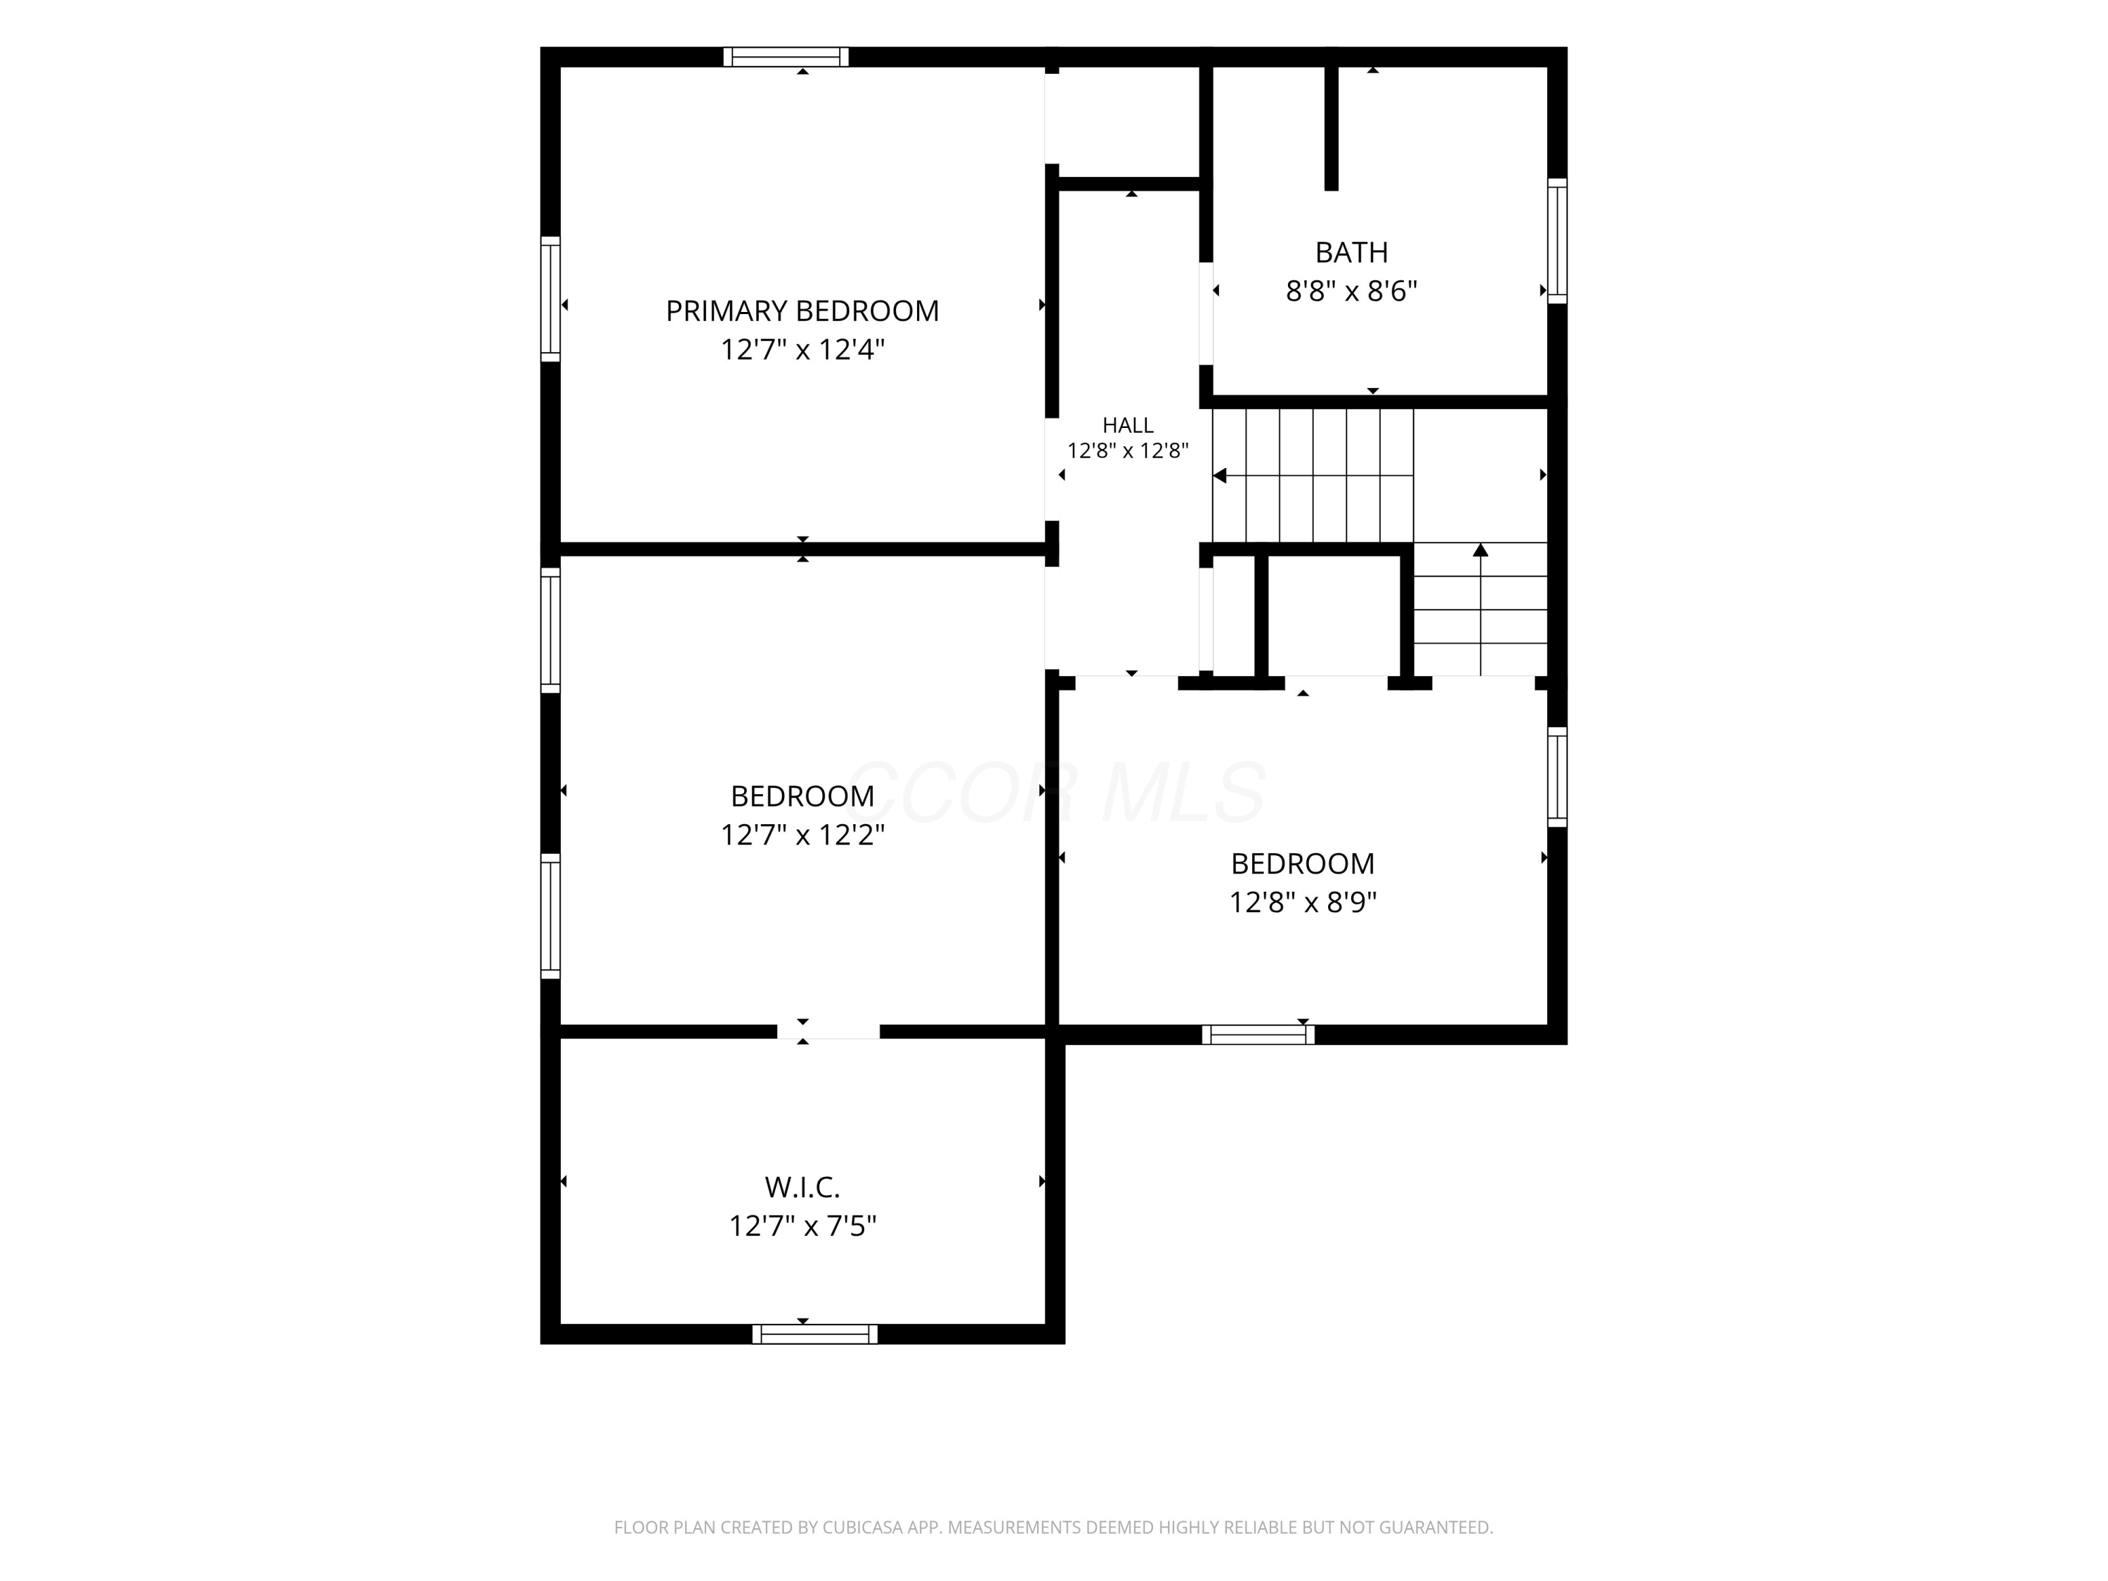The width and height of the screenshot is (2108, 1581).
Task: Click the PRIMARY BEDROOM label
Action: click(x=802, y=311)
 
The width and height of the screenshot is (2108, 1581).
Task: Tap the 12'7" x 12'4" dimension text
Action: click(x=802, y=350)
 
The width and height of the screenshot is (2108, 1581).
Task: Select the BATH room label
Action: click(x=1351, y=252)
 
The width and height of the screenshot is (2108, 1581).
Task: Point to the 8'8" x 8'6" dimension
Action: click(x=1351, y=291)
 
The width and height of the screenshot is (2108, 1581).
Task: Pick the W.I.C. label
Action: click(x=802, y=1188)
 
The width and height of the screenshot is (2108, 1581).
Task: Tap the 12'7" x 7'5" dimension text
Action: click(x=802, y=1225)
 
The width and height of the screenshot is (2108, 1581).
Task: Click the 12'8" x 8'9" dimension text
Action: click(x=1303, y=902)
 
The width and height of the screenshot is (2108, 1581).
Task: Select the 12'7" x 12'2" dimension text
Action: click(x=802, y=835)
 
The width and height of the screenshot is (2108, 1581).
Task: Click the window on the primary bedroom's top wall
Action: click(x=786, y=57)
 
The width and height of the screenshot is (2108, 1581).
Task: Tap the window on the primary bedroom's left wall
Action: click(x=551, y=299)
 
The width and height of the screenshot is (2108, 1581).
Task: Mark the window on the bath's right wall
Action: click(x=1557, y=241)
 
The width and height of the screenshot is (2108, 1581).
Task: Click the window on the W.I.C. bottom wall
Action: click(x=815, y=1334)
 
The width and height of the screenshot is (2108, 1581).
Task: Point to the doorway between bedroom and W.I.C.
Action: click(x=828, y=1031)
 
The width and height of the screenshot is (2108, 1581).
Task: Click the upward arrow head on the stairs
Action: click(x=1480, y=550)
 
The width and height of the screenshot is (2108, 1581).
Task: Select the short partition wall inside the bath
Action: click(x=1332, y=129)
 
